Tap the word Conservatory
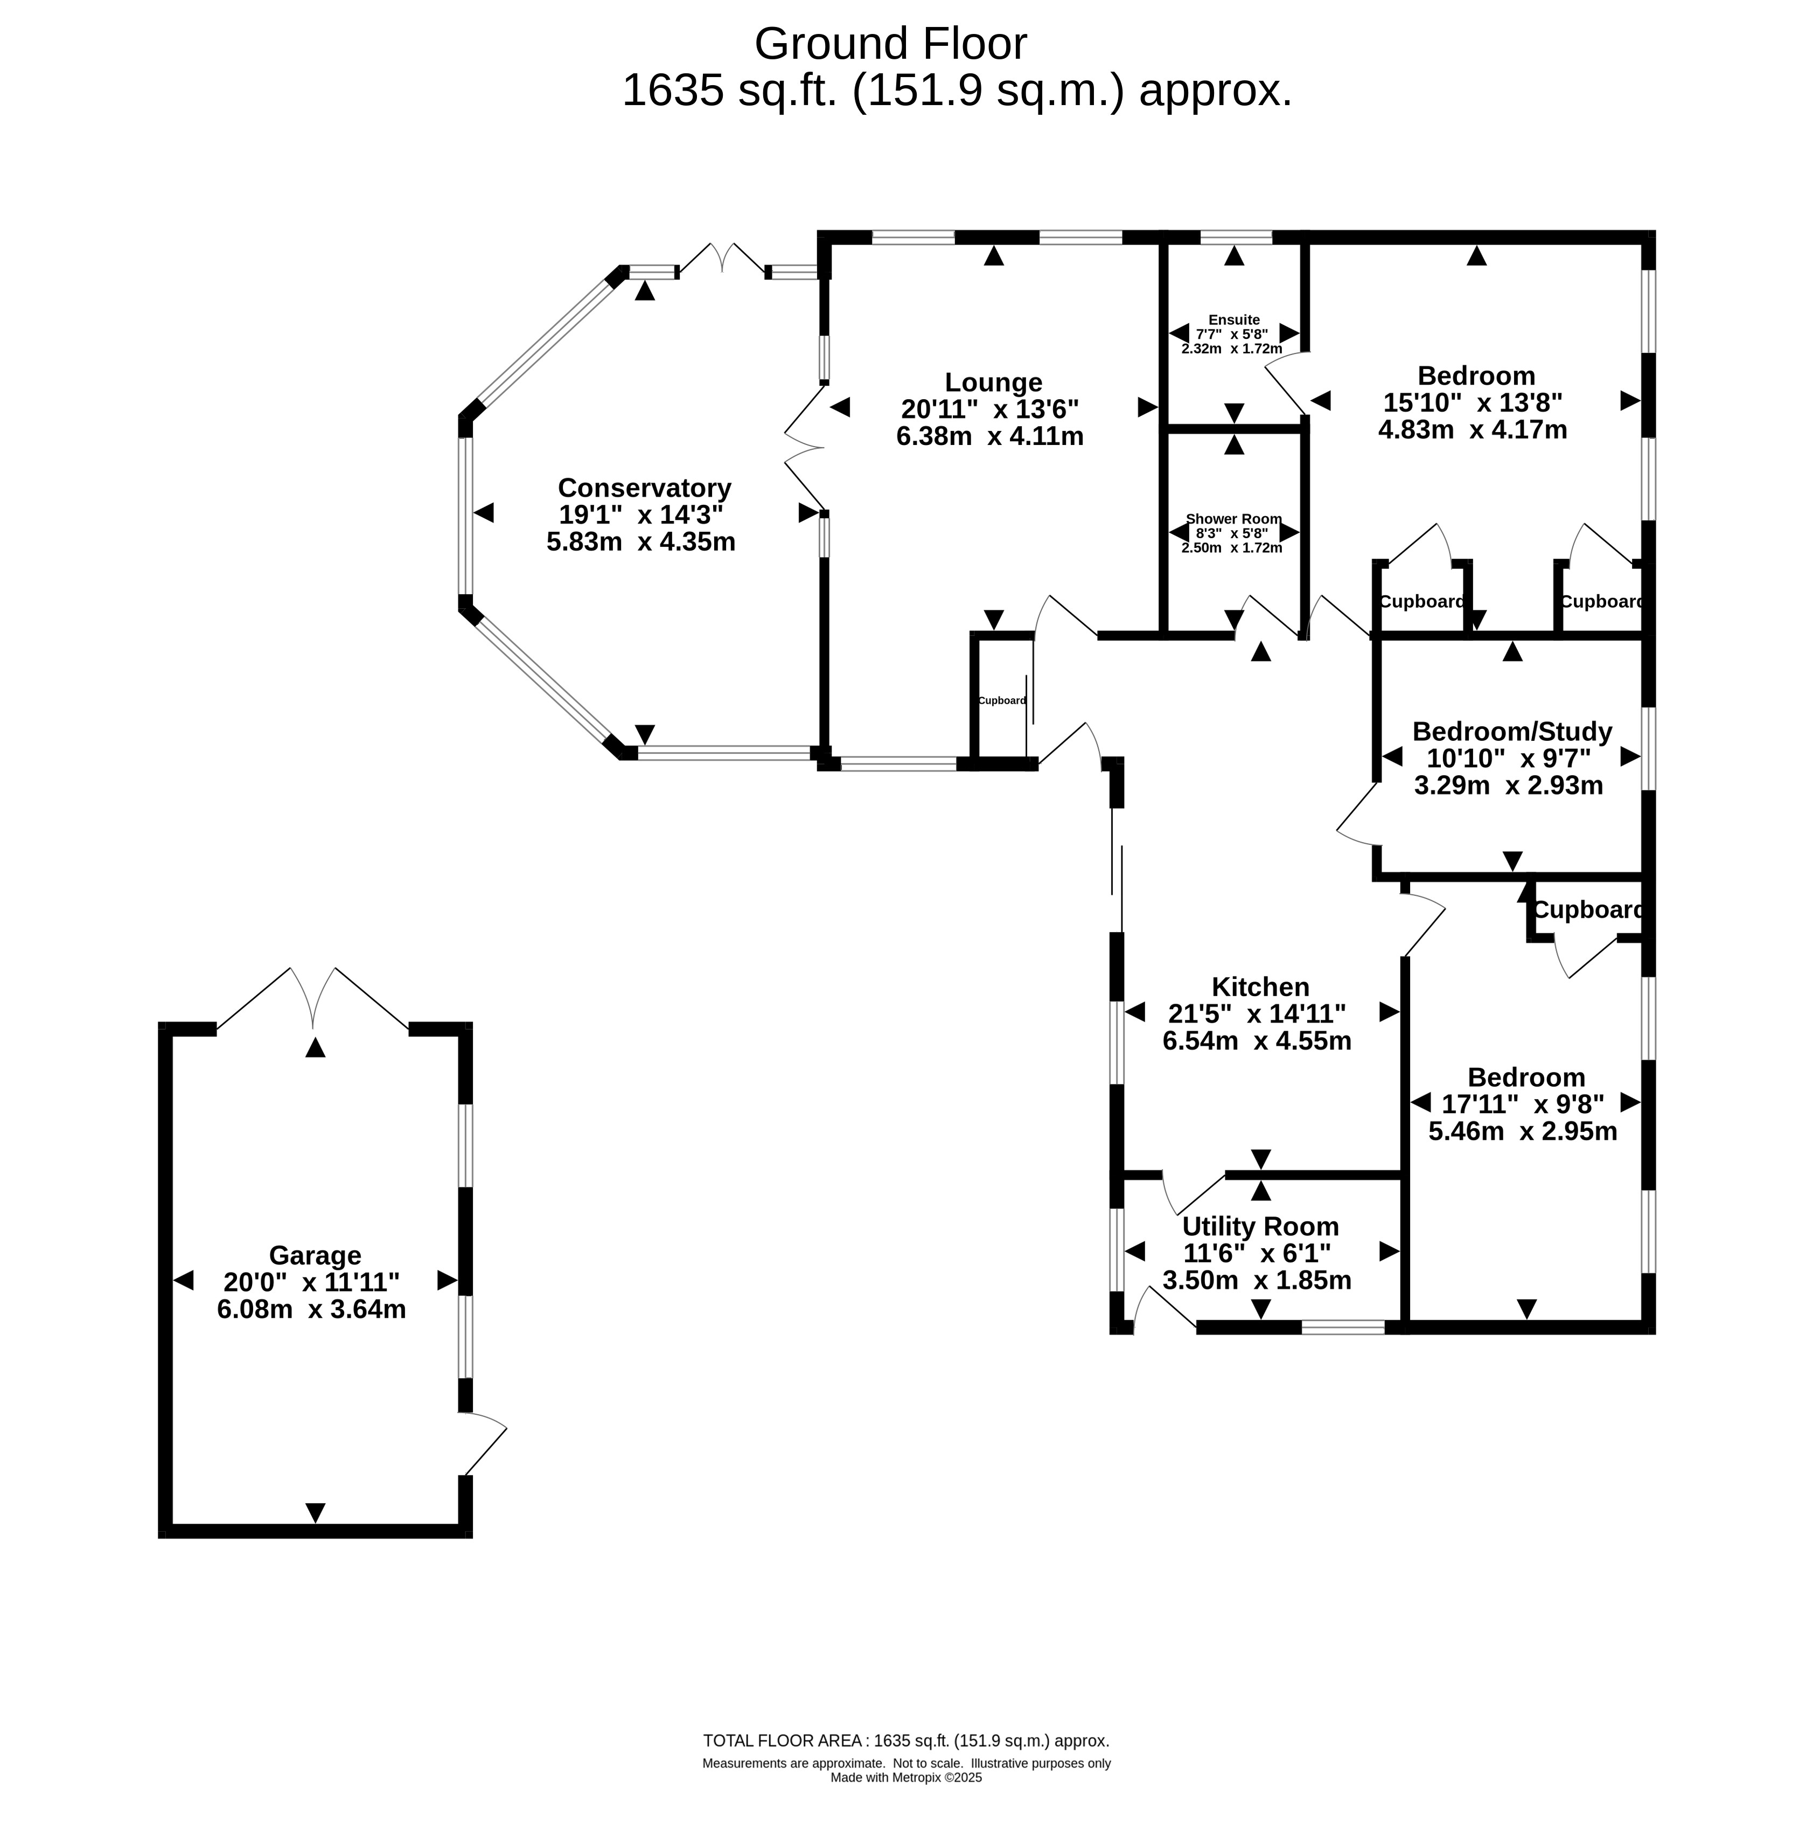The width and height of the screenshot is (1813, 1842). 645,488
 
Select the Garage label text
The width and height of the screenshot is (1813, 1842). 315,1255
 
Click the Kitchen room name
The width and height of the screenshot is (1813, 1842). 1261,986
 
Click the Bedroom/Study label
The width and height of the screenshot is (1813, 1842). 1512,732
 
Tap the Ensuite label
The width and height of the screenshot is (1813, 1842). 1234,320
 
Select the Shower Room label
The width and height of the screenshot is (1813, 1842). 1234,519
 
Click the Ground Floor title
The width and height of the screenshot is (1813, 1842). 891,44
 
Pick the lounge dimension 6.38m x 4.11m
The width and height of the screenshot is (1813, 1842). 991,436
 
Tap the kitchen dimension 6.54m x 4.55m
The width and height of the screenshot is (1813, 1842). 1257,1041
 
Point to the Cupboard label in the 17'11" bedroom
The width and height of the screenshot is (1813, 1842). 1588,910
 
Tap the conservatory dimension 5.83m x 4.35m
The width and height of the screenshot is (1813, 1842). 641,542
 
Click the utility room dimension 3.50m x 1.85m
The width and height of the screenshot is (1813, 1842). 1257,1280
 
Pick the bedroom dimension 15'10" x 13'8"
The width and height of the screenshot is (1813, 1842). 1473,403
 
